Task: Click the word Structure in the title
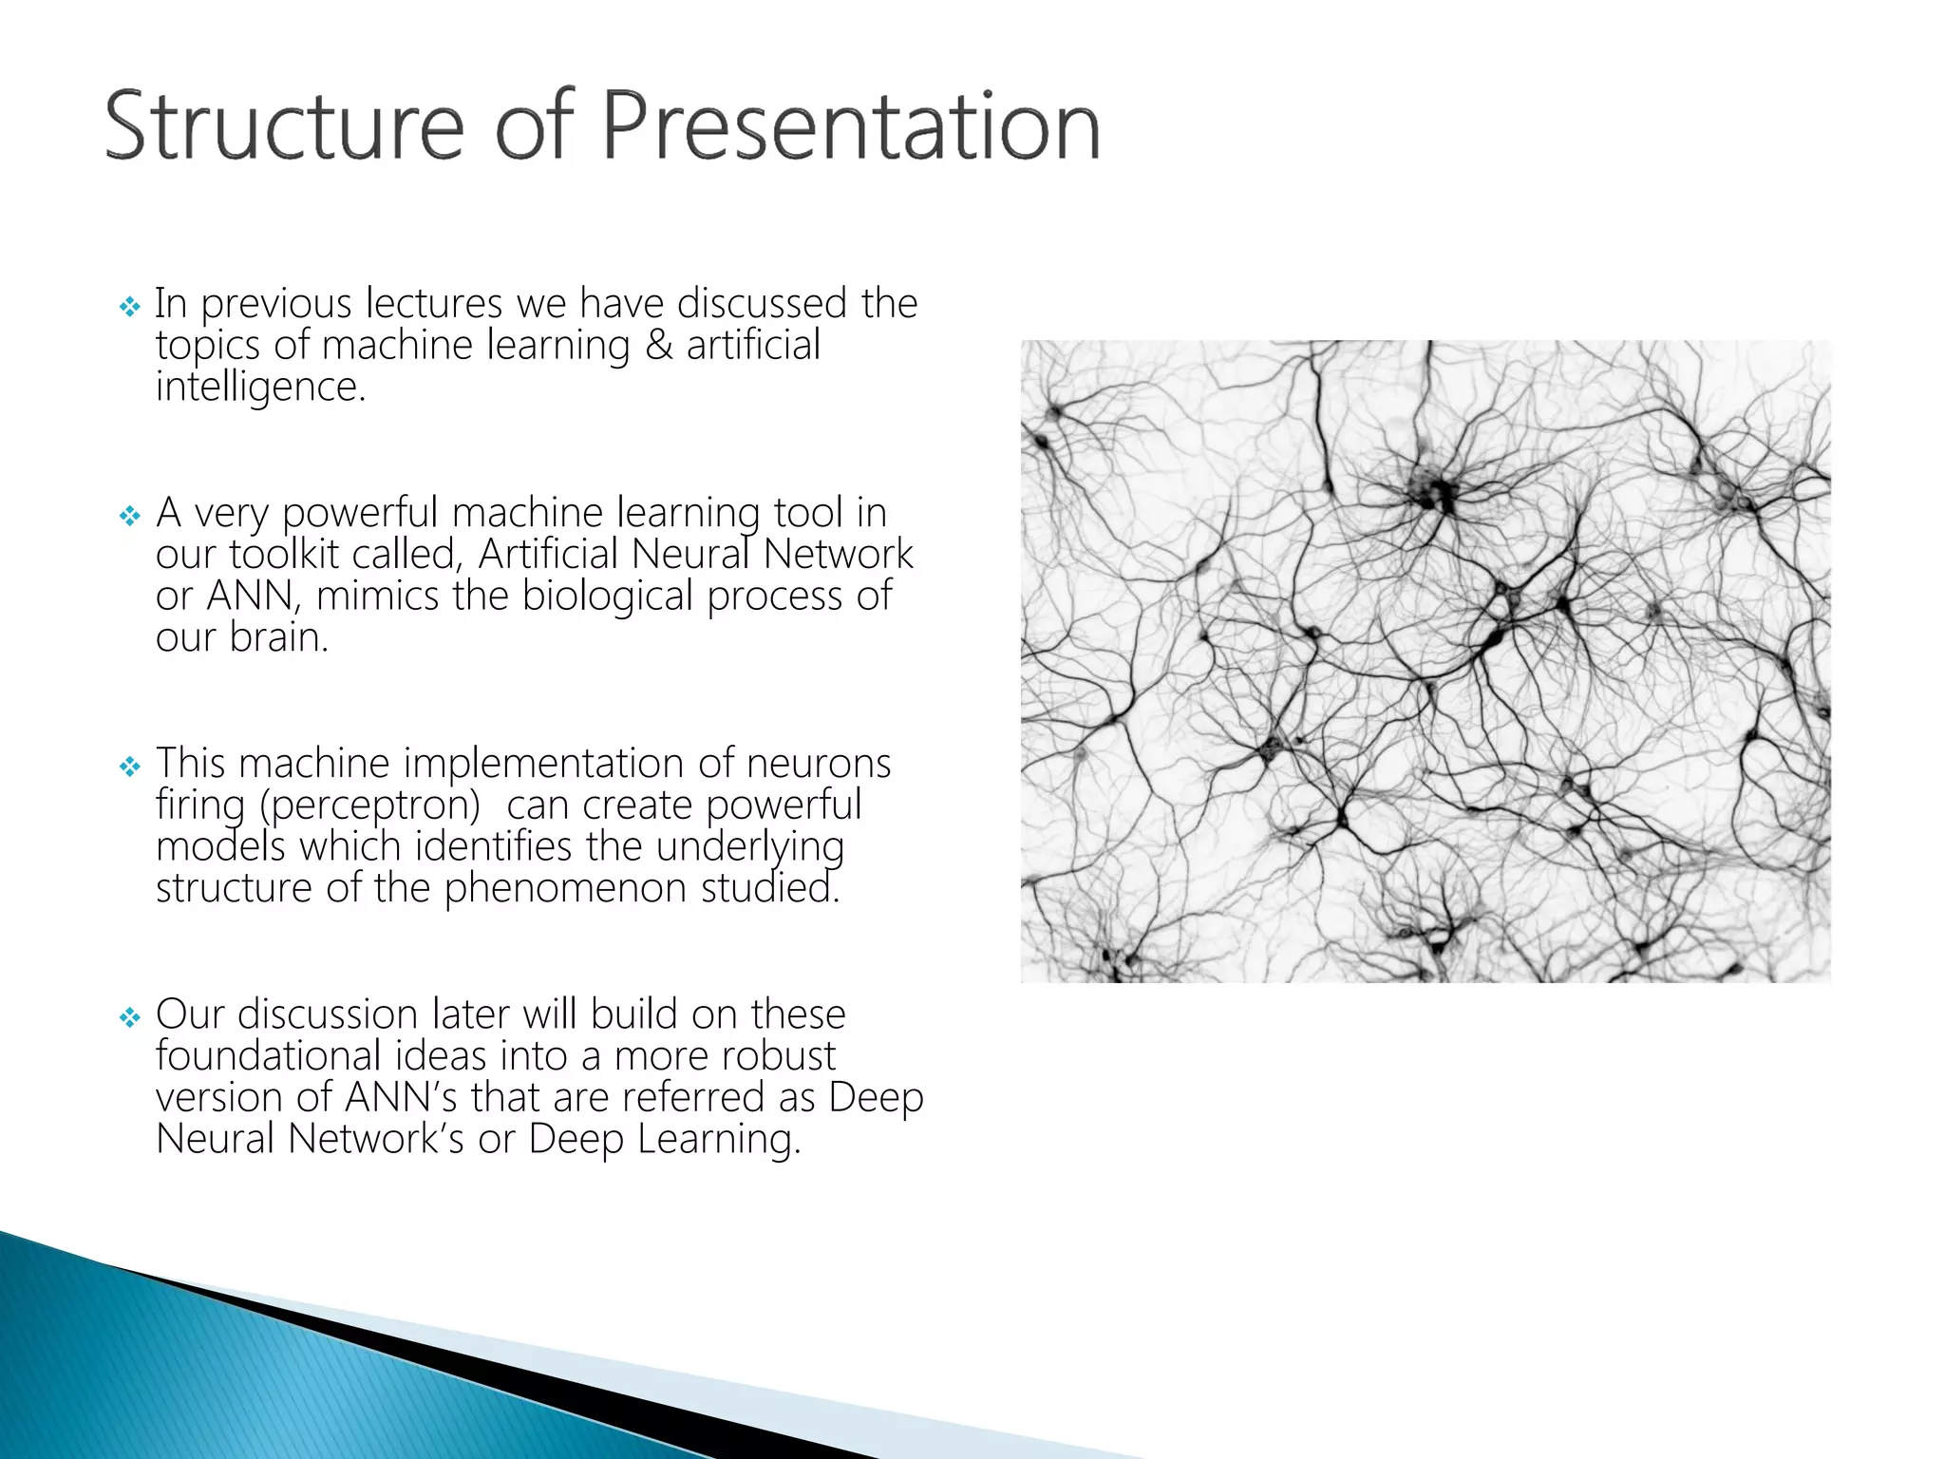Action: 284,126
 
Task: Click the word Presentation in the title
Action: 850,126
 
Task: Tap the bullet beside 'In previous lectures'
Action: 130,307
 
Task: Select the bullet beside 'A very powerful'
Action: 130,516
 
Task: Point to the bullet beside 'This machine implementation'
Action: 130,767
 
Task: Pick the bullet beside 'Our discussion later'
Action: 130,1018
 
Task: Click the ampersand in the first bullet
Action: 658,346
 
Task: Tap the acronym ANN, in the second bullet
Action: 254,597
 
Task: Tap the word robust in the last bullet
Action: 778,1056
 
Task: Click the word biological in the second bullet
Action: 608,597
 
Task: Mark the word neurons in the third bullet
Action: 818,764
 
